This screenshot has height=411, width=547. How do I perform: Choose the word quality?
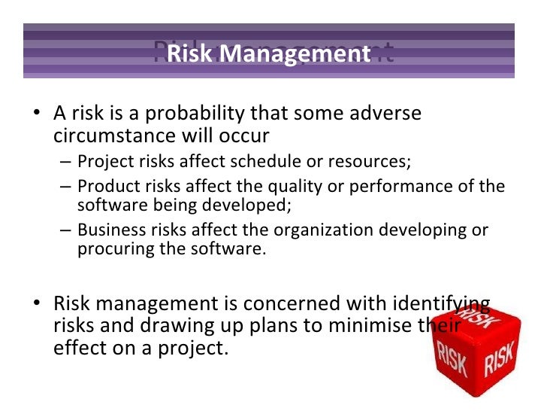click(x=295, y=186)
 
